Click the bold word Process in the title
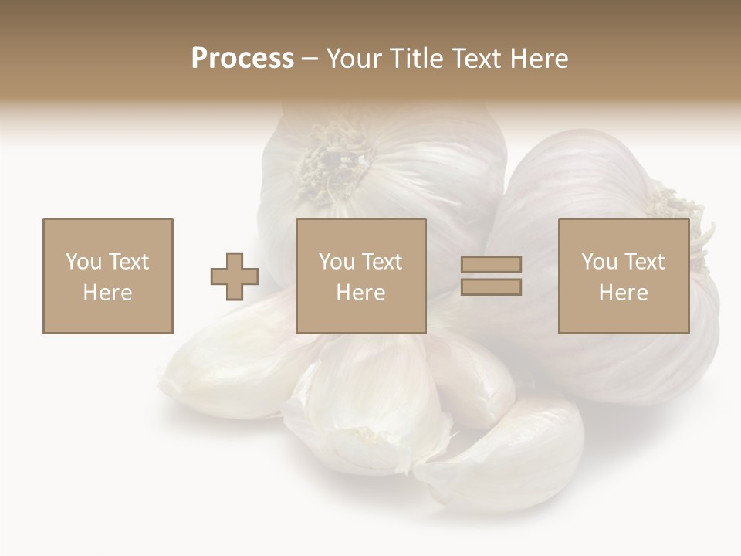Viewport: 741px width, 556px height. point(242,59)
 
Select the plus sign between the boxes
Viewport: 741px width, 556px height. point(235,276)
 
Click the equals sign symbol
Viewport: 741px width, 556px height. point(491,276)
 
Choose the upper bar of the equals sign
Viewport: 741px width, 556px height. point(491,265)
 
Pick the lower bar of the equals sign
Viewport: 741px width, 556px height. point(491,286)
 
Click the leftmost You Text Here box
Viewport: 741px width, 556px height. point(107,276)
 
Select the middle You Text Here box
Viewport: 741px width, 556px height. point(360,276)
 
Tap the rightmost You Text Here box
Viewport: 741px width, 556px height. point(623,276)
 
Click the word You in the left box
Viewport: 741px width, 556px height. point(83,262)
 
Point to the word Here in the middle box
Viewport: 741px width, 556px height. point(360,293)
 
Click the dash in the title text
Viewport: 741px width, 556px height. point(310,59)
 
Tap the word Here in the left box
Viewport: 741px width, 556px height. point(107,293)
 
